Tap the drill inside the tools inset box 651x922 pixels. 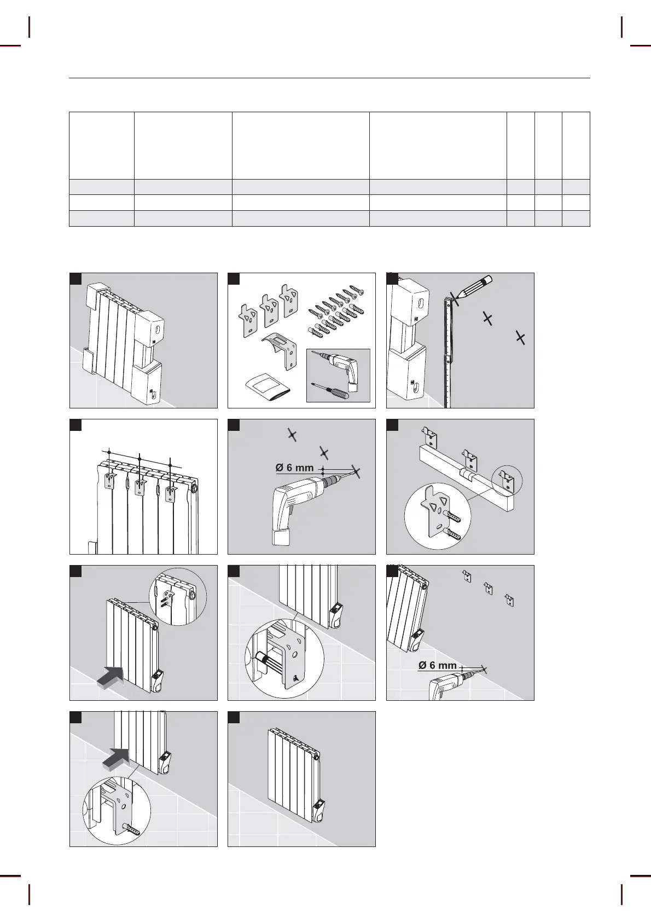click(339, 367)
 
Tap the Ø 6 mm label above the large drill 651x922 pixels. click(294, 468)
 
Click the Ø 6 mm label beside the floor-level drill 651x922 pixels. click(437, 665)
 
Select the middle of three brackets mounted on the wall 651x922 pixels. click(488, 589)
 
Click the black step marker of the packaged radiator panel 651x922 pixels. click(75, 279)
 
